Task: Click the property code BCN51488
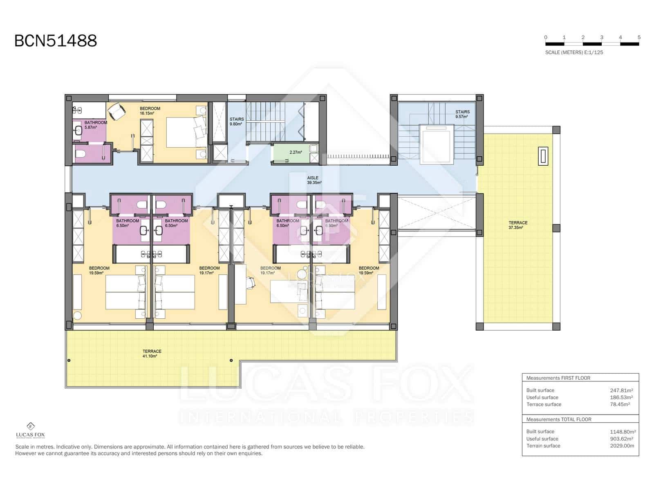click(56, 41)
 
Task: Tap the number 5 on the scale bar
click(639, 37)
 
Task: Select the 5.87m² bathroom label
click(95, 125)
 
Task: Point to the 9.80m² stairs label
click(236, 122)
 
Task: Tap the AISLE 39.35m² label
click(314, 180)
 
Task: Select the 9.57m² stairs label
click(462, 114)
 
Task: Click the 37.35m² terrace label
click(517, 225)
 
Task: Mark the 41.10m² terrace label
click(152, 354)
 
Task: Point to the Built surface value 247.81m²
click(621, 390)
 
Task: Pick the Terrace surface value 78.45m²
click(620, 404)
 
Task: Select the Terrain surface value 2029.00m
click(622, 446)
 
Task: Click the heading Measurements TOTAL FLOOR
click(558, 419)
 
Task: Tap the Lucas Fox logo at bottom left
click(30, 430)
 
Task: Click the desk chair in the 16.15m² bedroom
click(117, 110)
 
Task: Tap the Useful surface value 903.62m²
click(621, 439)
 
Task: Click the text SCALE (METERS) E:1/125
click(574, 52)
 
